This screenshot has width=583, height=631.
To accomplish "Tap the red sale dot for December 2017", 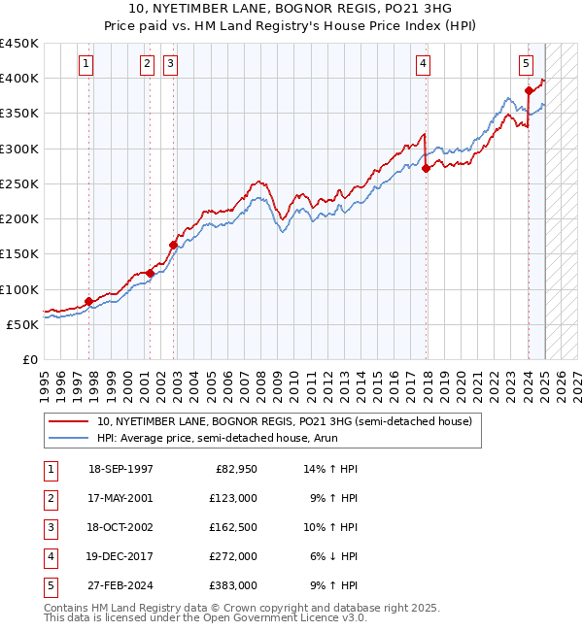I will point(427,168).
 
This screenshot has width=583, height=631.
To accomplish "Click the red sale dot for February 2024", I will point(529,90).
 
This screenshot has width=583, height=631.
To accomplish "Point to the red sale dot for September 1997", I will point(88,301).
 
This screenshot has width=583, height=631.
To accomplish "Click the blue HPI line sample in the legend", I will point(68,439).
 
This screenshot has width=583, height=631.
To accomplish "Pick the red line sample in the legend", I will point(68,422).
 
